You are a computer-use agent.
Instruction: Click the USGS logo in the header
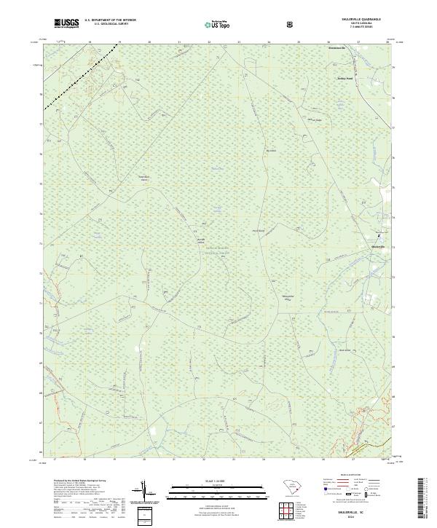pyautogui.click(x=66, y=23)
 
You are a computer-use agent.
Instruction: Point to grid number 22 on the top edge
pyautogui.click(x=208, y=43)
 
